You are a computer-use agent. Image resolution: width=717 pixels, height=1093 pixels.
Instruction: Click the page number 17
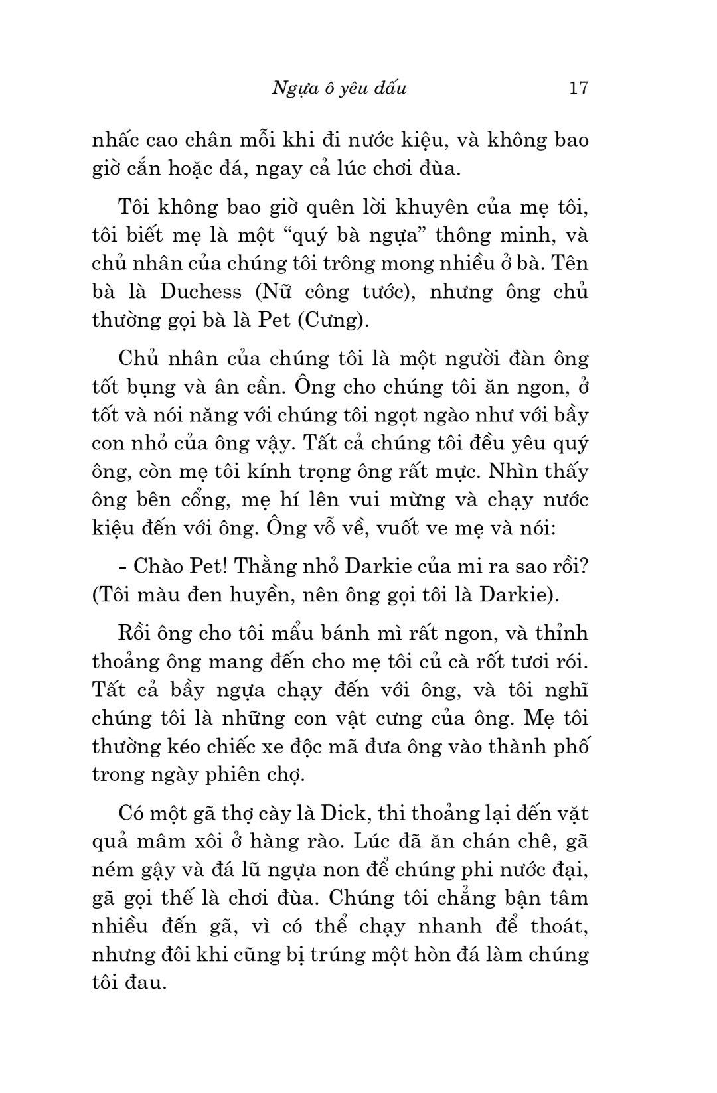pos(578,88)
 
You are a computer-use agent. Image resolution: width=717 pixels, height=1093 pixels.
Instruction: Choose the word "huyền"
pos(260,595)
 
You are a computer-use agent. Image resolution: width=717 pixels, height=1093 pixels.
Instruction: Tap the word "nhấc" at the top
pos(116,140)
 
